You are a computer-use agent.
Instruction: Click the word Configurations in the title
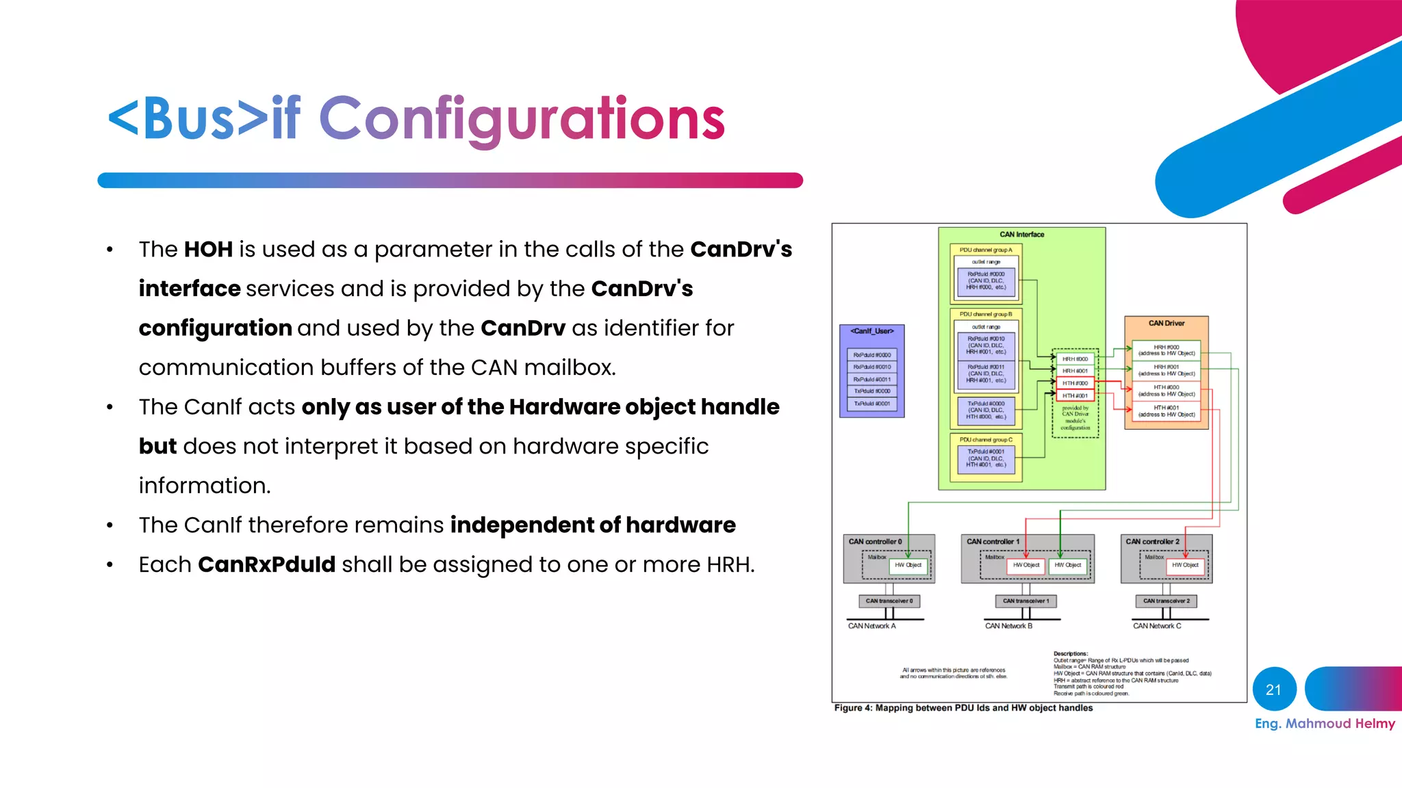[522, 119]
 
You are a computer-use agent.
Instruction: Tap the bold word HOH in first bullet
[208, 250]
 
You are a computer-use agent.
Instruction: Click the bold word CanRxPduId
[266, 565]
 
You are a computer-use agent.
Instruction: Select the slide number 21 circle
[1273, 689]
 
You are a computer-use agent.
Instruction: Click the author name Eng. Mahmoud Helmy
[1324, 724]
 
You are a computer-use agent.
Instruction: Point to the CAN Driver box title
[1166, 323]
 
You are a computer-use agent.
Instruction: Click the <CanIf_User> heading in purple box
[871, 331]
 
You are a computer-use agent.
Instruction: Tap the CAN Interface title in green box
[1021, 235]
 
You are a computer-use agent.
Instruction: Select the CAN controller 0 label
[875, 542]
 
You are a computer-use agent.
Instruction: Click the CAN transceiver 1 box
[1025, 601]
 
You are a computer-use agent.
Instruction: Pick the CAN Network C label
[1156, 626]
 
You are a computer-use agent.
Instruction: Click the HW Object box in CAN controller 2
[1185, 565]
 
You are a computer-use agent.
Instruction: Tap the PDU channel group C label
[985, 440]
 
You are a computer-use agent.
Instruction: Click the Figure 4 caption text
[963, 708]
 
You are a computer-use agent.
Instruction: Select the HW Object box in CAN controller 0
[908, 565]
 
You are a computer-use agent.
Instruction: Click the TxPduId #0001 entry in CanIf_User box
[871, 404]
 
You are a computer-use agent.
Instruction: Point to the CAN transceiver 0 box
[889, 601]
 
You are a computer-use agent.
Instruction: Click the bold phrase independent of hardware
[592, 525]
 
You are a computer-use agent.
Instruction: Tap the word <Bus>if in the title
[204, 119]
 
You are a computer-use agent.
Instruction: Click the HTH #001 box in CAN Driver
[1166, 411]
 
